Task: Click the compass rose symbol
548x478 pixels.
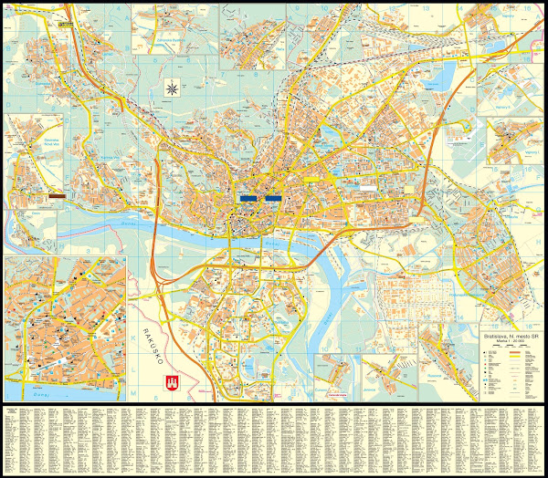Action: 171,88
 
